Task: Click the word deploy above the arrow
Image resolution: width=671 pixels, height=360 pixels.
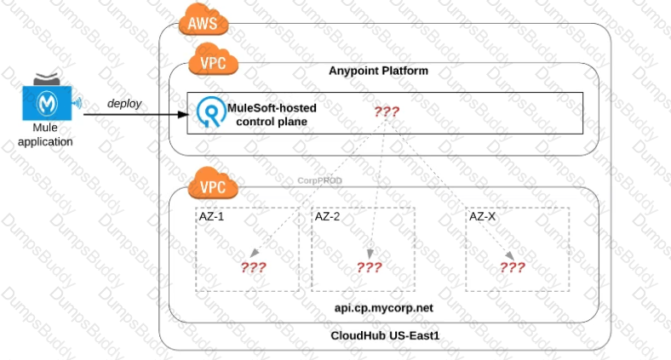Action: [124, 103]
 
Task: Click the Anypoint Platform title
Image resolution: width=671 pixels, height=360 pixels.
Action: [378, 71]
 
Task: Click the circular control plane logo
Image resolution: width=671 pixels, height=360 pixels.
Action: [209, 113]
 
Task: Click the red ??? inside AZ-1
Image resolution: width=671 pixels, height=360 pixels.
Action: [253, 266]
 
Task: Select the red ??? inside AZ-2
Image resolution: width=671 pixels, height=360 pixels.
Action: [369, 266]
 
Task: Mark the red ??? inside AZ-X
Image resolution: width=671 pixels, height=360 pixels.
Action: [512, 266]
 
